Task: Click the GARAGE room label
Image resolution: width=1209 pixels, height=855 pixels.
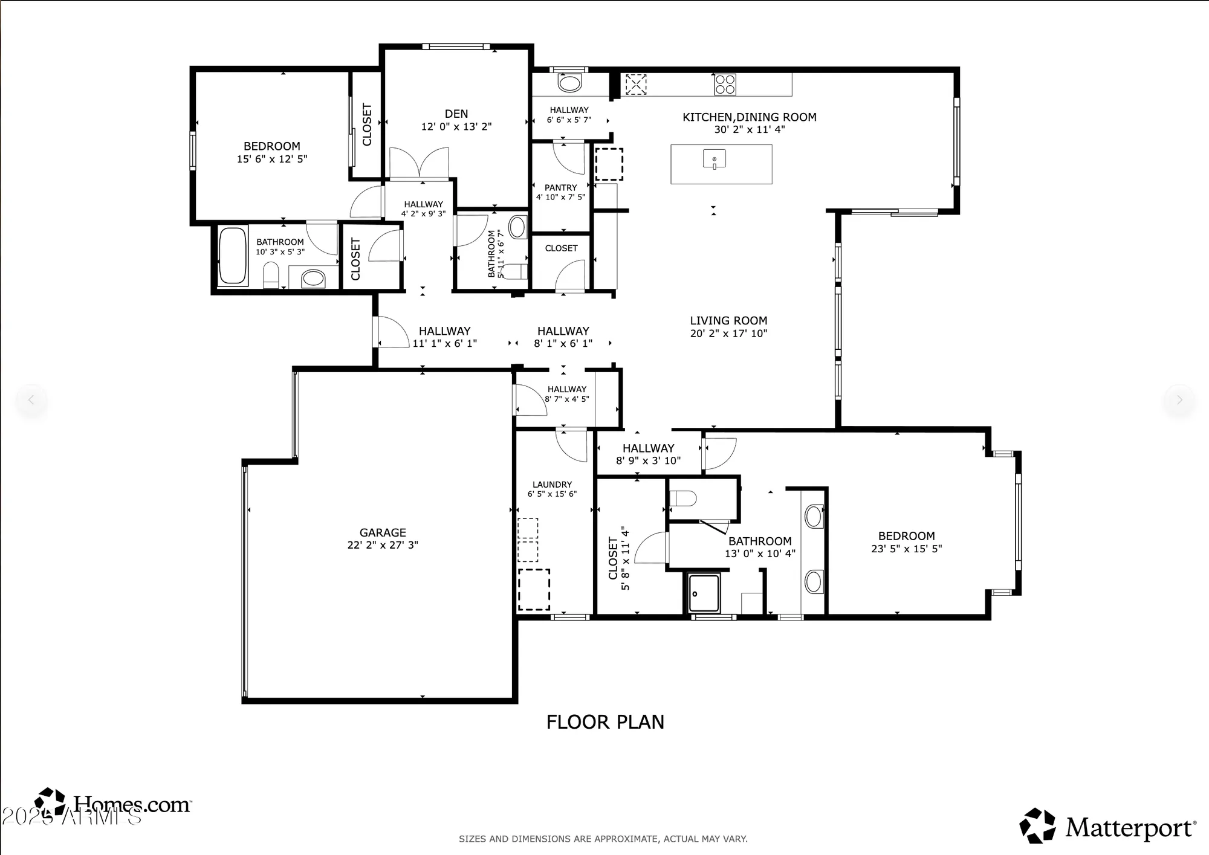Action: click(x=383, y=532)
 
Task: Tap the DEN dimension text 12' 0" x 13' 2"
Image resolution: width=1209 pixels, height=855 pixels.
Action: click(x=456, y=127)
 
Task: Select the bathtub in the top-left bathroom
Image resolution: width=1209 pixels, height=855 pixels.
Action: click(x=233, y=256)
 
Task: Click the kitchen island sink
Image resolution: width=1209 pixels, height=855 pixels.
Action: click(x=714, y=160)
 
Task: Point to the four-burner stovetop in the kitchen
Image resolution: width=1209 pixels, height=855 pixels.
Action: click(x=725, y=85)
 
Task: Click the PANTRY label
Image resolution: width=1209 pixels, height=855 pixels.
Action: click(x=560, y=188)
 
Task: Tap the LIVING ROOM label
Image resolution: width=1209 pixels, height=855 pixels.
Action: click(x=728, y=321)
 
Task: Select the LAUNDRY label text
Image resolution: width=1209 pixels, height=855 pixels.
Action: click(x=552, y=485)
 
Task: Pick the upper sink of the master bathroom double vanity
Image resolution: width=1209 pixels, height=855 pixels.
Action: click(x=814, y=517)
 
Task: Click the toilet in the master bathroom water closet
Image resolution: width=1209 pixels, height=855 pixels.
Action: click(x=684, y=499)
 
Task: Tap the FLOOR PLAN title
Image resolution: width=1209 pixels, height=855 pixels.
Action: click(x=605, y=722)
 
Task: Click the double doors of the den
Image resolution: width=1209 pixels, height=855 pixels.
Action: click(x=419, y=164)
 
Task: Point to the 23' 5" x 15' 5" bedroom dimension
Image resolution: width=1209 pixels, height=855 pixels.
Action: click(x=906, y=549)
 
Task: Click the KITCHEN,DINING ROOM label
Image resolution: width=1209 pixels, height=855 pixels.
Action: click(x=749, y=117)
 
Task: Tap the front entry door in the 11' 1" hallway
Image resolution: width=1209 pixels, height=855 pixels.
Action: click(x=392, y=332)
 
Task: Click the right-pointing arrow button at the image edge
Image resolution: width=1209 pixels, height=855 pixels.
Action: click(x=1179, y=399)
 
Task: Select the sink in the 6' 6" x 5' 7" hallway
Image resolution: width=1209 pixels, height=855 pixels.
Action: click(x=569, y=83)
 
